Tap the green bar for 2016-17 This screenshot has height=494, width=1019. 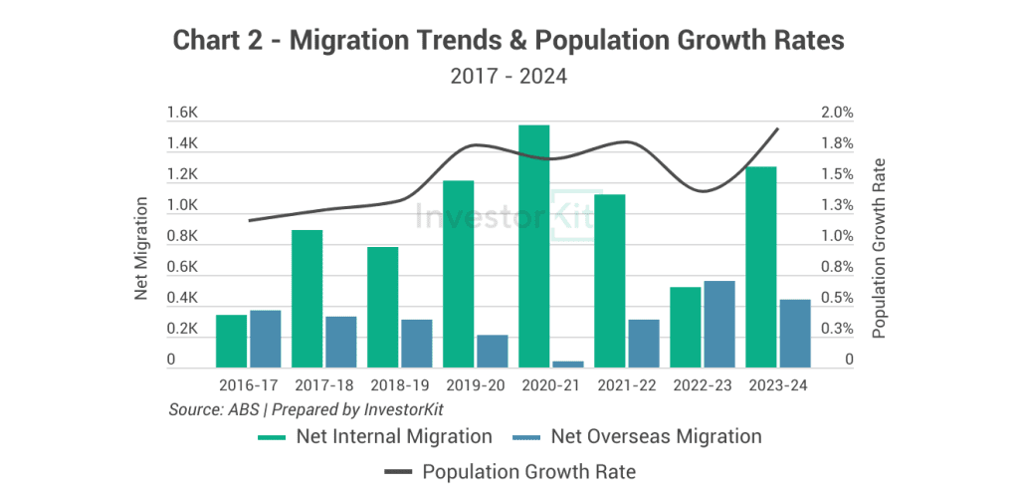[231, 342]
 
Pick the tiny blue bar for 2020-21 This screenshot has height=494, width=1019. [567, 365]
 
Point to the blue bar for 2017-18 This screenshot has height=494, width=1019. [340, 343]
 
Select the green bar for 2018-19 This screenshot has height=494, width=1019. [383, 308]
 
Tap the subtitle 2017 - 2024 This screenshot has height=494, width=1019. [509, 76]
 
